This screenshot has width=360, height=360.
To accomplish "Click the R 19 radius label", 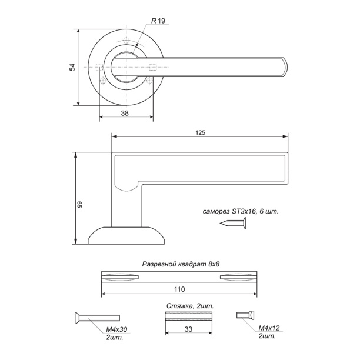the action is coord(158,21).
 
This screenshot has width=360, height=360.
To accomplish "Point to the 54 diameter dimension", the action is coord(72,67).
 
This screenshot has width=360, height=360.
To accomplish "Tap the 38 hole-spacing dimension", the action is coord(125,113).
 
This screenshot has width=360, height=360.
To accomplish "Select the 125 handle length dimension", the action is coord(200,133).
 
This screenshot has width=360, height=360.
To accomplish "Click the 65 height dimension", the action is coord(79,205).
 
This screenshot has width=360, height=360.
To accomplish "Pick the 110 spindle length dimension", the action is coord(179,289).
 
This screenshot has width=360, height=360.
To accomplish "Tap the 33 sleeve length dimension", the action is coord(188,329).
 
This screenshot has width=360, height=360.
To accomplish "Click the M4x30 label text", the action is coord(116,329).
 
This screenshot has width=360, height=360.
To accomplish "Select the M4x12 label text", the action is coord(269,328).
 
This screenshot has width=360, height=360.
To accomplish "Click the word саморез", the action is coord(216,211).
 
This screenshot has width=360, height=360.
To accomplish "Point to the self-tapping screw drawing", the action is coord(233,223).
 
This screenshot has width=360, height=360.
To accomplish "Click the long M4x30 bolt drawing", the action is coord(97,318).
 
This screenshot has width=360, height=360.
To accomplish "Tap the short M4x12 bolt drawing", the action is coord(245,315).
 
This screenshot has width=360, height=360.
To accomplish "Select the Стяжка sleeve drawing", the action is coord(188,316).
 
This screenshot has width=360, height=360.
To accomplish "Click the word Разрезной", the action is coord(159,264).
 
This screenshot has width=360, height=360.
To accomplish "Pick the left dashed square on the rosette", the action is coord(99,67).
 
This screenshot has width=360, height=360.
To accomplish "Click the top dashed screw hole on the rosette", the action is coord(126,41).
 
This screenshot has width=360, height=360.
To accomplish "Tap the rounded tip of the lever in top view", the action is coord(285,67).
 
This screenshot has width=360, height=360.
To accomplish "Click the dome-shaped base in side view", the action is coord(126,235).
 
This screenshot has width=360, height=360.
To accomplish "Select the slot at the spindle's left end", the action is coord(120,277).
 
